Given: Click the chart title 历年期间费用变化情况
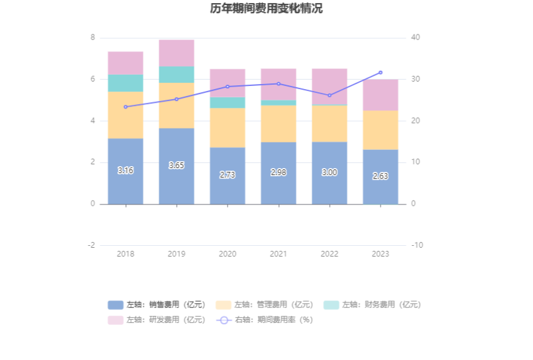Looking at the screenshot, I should tap(266, 9).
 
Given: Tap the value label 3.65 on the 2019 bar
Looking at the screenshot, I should tap(176, 166).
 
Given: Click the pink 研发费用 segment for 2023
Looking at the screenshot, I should tap(380, 95).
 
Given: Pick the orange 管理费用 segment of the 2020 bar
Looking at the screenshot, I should tap(227, 127).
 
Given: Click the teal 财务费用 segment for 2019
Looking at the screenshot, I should tap(176, 75).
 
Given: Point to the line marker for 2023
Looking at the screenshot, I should tap(380, 73).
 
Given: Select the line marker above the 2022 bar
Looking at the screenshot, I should tap(329, 95).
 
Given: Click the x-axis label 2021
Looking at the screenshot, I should tap(278, 254).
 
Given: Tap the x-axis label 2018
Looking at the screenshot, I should tap(125, 254).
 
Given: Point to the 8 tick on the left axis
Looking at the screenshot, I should tap(93, 38).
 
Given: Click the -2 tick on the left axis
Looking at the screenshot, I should tap(92, 245).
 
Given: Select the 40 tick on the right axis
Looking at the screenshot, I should tap(415, 38).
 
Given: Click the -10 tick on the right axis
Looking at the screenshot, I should tap(416, 245).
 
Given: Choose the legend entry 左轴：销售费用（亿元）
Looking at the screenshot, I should tap(157, 305).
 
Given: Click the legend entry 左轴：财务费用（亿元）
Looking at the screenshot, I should tap(372, 305).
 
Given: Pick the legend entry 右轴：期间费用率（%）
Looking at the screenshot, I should tap(265, 320).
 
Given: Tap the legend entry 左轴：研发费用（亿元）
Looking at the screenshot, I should tap(157, 320).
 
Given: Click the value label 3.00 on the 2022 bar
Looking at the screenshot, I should tap(329, 172).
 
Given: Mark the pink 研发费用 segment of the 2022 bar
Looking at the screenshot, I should tap(329, 87).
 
